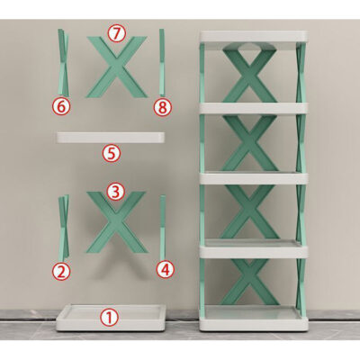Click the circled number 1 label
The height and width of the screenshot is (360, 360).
pyautogui.click(x=108, y=317)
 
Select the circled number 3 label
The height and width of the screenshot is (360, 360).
pyautogui.click(x=114, y=191)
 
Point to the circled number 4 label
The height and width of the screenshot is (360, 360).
pyautogui.click(x=165, y=268)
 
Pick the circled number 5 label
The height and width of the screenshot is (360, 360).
pyautogui.click(x=111, y=153)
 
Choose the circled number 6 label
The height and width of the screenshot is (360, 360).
pyautogui.click(x=60, y=106)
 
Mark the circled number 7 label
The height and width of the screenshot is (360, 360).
pyautogui.click(x=114, y=32)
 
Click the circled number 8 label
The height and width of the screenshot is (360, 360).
pyautogui.click(x=162, y=106)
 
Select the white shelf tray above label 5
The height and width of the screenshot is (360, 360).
pyautogui.click(x=112, y=138)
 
